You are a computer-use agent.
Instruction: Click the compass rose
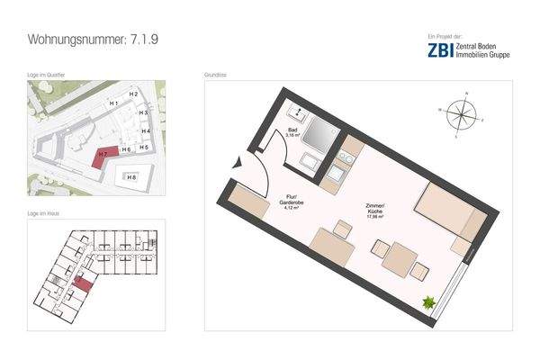pos(461,114)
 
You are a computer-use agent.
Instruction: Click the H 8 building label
pos(131,177)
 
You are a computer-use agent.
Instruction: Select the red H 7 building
pos(105,154)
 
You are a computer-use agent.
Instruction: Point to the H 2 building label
pos(132,94)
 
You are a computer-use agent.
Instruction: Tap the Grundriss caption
pos(215,75)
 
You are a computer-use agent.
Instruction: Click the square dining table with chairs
pos(395,259)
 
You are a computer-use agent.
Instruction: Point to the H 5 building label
pos(144,147)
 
